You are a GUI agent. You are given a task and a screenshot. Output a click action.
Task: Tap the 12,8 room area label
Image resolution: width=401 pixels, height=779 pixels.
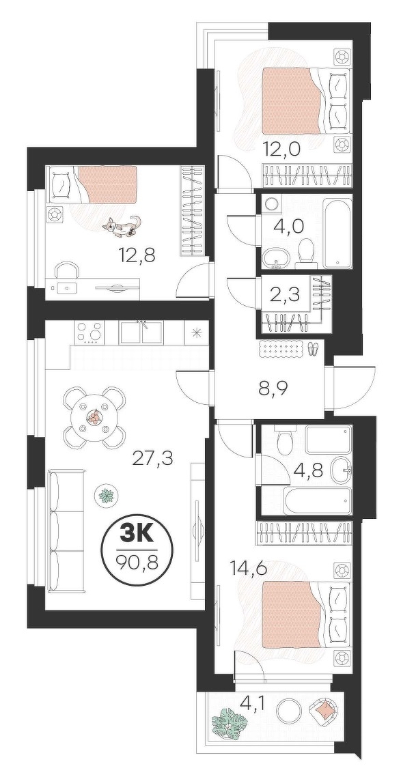(137, 255)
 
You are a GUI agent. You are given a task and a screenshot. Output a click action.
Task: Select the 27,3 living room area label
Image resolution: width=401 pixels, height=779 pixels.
(152, 458)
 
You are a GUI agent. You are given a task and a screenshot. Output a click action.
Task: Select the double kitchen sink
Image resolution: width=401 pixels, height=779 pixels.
(141, 332)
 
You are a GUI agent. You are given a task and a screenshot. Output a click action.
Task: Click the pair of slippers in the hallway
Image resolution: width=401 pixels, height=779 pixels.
(312, 349)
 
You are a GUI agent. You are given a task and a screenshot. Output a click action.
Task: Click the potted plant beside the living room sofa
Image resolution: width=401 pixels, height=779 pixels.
(107, 495)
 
